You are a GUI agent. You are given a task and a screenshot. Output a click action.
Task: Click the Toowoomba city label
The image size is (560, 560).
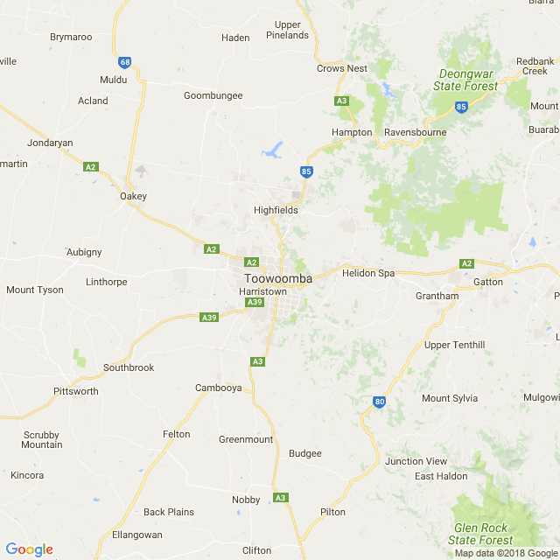[x=277, y=279]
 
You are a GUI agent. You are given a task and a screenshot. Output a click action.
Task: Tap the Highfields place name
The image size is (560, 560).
[x=276, y=211]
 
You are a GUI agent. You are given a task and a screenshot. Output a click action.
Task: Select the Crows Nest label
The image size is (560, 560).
[x=342, y=68]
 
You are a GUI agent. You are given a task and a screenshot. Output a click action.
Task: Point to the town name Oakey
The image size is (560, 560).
[x=133, y=196]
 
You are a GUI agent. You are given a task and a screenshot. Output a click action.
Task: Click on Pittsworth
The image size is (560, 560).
[x=76, y=391]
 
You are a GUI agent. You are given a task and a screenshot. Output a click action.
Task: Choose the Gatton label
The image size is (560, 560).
[x=488, y=282]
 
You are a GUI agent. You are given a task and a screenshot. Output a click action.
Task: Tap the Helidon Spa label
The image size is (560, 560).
[x=368, y=273]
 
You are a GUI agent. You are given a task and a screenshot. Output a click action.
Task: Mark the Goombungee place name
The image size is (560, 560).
[x=213, y=95]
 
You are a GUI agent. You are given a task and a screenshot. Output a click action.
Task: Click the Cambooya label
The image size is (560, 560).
[x=218, y=388]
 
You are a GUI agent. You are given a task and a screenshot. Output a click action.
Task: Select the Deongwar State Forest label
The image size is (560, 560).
[x=465, y=80]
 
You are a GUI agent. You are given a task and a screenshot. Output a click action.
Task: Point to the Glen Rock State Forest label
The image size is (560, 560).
[x=481, y=534]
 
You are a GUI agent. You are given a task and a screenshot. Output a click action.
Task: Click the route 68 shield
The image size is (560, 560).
[x=126, y=62]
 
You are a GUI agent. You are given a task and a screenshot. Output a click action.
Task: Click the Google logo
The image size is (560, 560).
[x=29, y=549]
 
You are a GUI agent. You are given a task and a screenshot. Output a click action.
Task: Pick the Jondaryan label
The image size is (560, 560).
[x=50, y=143]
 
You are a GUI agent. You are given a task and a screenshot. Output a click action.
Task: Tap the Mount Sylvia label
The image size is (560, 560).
[x=450, y=398]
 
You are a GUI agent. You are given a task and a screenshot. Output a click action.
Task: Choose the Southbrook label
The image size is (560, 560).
[x=129, y=367]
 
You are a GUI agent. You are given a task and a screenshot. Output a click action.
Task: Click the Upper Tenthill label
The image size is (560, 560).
[x=454, y=345]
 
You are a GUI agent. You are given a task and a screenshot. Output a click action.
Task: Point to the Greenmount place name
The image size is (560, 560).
[x=246, y=439]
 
